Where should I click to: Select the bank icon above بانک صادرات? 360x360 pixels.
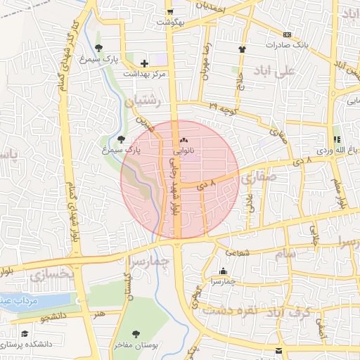point(286,34)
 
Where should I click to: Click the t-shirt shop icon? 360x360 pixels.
point(243,49)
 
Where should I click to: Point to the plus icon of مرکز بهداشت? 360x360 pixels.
point(144,63)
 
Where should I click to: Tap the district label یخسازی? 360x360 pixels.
point(51,275)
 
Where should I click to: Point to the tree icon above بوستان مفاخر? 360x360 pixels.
point(136,334)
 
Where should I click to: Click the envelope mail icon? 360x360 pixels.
point(279,350)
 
